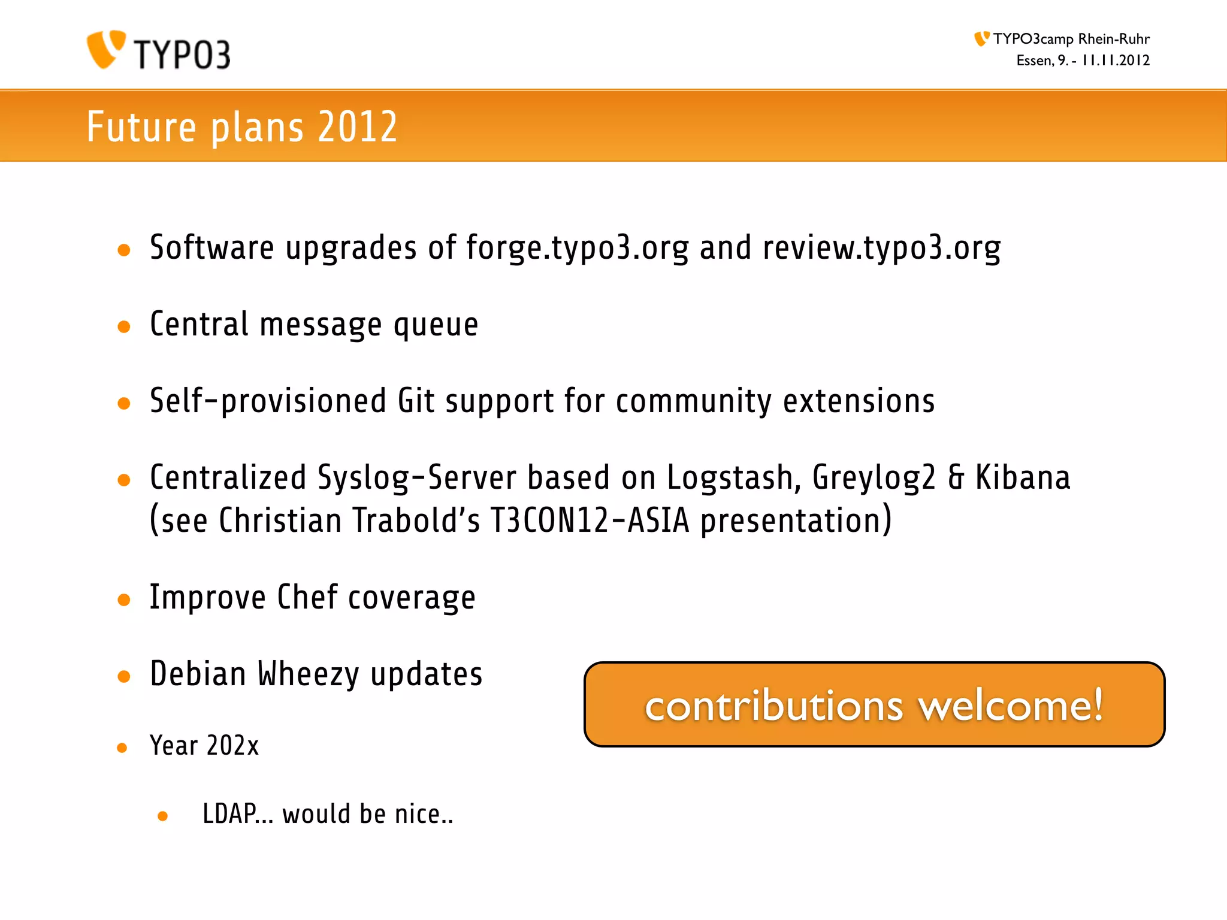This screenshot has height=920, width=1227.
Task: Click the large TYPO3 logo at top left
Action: tap(159, 50)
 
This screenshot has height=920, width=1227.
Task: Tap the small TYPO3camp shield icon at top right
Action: tap(981, 39)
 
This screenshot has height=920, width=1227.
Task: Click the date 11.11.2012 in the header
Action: tap(1116, 60)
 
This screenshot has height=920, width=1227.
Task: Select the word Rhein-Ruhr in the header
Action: tap(1114, 39)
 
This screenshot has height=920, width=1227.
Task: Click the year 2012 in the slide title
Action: tap(358, 127)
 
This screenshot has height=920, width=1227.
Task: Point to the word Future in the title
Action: tap(141, 127)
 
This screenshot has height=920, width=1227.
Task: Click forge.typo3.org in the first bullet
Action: tap(577, 248)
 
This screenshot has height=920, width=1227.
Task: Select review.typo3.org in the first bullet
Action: tap(881, 248)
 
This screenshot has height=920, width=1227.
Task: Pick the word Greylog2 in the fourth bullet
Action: tap(874, 478)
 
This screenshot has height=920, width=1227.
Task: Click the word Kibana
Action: tap(1023, 478)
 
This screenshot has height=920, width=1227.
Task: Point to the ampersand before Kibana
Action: tap(956, 478)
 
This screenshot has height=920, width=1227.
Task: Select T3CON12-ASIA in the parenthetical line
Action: tap(590, 520)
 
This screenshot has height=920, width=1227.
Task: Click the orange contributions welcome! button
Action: tap(874, 704)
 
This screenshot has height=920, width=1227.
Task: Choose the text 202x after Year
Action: tap(232, 746)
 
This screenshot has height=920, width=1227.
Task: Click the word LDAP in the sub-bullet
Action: tap(229, 814)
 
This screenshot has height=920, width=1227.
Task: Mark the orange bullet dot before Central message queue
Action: tap(124, 327)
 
